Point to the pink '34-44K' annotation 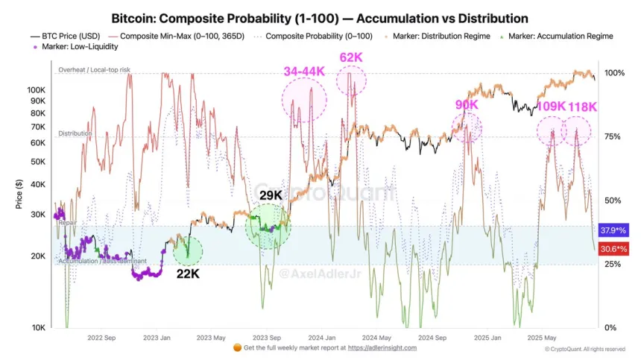pos(304,72)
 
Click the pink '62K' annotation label pos(350,56)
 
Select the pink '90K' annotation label pos(467,105)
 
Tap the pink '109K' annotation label pos(552,107)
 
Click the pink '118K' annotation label pos(582,107)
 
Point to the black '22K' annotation pos(187,274)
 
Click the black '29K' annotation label pos(270,195)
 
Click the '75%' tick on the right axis pos(613,136)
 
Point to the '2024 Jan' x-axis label pos(321,336)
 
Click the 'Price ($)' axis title pos(19,194)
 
